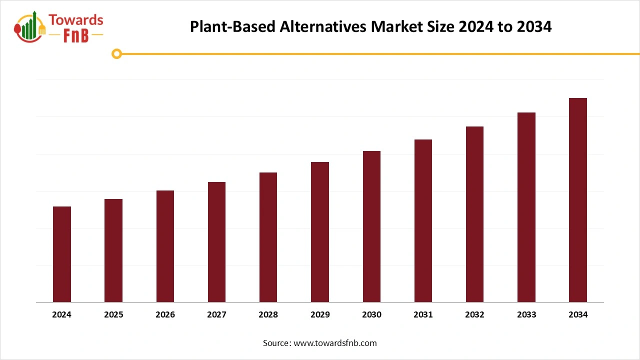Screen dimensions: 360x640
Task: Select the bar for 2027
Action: click(x=216, y=242)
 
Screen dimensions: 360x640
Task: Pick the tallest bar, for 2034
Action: click(x=578, y=200)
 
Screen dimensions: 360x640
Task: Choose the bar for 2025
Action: click(x=113, y=250)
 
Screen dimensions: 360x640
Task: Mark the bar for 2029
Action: click(x=320, y=232)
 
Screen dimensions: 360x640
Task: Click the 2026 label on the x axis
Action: click(x=165, y=314)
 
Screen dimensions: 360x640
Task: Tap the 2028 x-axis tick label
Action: click(x=268, y=314)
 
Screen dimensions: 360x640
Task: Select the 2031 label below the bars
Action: click(x=423, y=314)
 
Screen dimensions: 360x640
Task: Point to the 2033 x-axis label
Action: click(x=526, y=314)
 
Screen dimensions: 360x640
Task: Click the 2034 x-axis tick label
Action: click(x=578, y=314)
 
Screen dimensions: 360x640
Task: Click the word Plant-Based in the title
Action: click(x=232, y=26)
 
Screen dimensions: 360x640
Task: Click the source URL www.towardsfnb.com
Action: click(x=335, y=343)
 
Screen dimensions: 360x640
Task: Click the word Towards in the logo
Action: click(x=76, y=20)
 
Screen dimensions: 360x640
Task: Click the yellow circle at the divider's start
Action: click(x=116, y=53)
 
